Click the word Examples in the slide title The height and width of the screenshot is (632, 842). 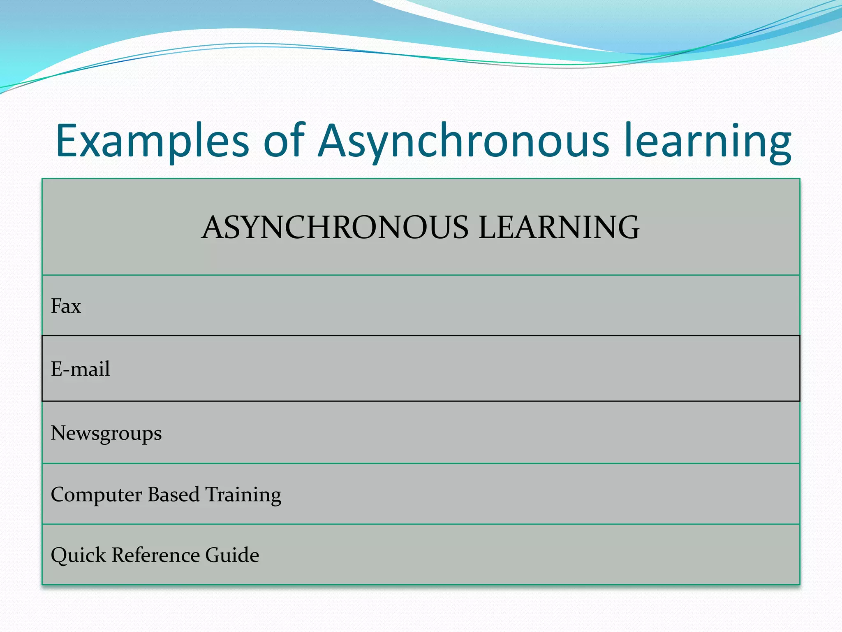click(152, 141)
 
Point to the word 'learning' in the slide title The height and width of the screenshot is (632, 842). click(707, 141)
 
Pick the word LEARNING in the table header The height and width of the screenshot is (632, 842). click(559, 227)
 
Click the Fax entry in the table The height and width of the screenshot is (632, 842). click(66, 306)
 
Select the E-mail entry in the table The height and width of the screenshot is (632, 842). click(81, 369)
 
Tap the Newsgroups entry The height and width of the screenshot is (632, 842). click(106, 434)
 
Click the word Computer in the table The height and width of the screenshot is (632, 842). click(96, 495)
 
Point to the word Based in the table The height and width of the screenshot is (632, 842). click(173, 494)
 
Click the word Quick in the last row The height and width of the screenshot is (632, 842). click(78, 555)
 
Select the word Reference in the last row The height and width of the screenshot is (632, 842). click(156, 555)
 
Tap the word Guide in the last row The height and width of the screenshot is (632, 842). click(232, 555)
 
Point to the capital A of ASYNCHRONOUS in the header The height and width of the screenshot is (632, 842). click(213, 227)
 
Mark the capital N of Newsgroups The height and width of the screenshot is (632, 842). click(58, 433)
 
